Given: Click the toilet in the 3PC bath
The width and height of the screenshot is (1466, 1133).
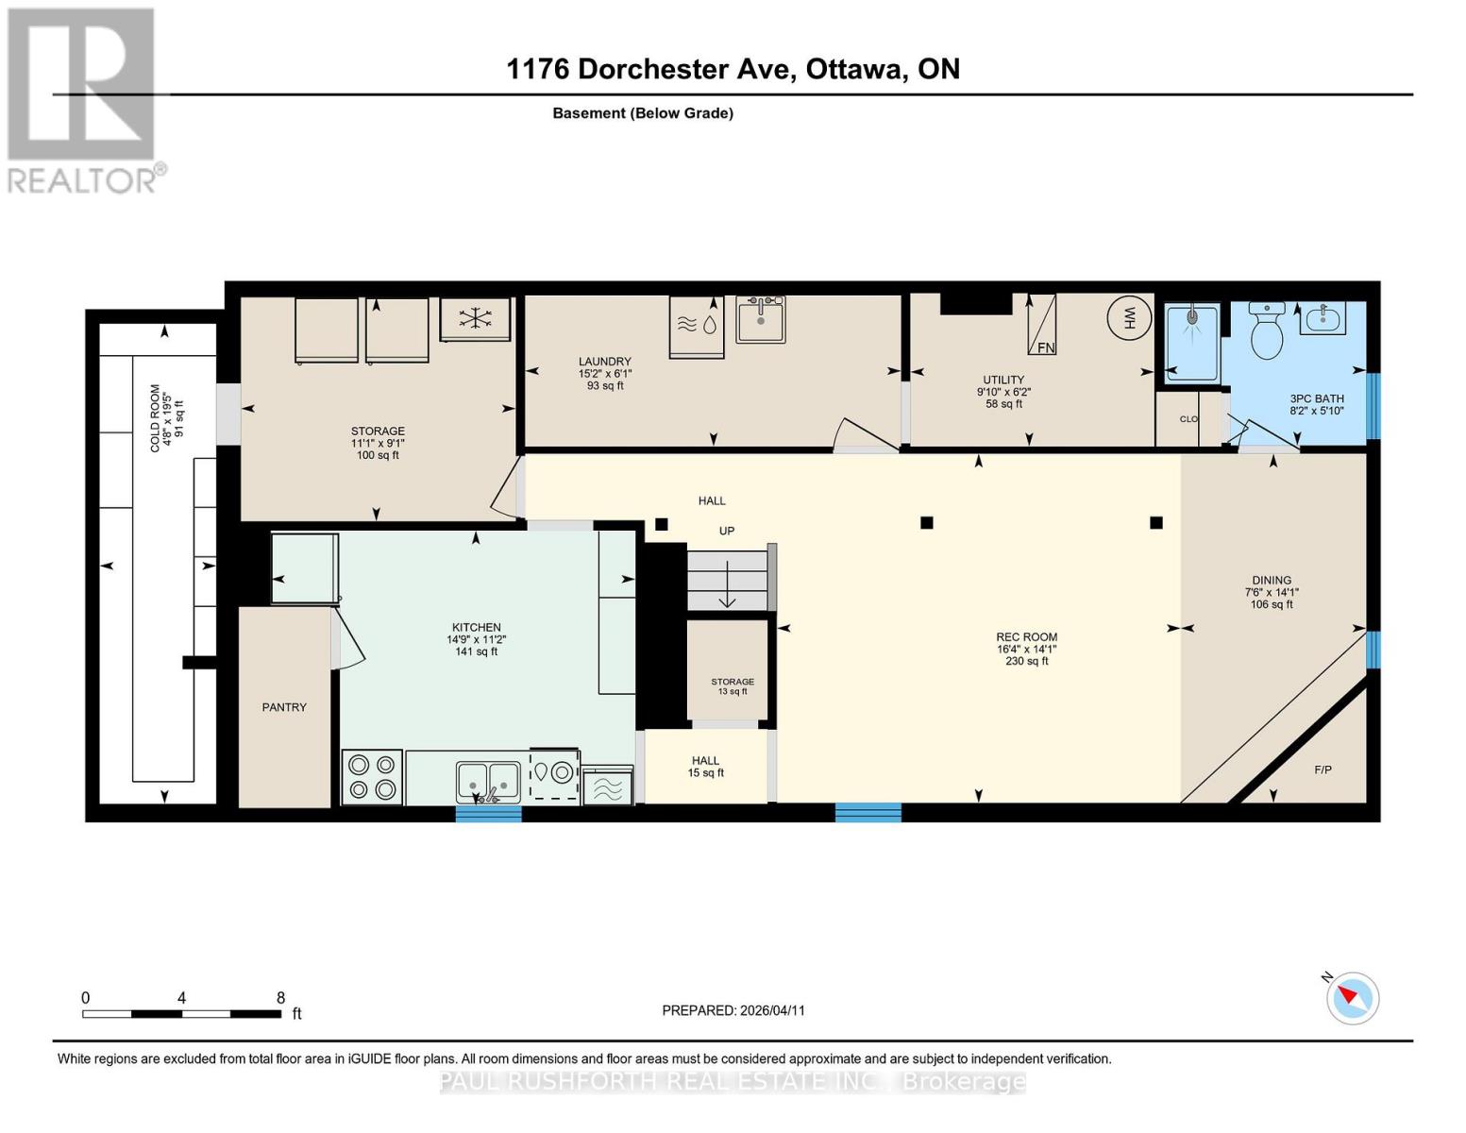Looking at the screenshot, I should [1266, 330].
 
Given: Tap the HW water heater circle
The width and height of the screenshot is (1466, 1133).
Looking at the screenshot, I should [1129, 318].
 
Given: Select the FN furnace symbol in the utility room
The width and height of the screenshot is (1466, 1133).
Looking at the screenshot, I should [1041, 325].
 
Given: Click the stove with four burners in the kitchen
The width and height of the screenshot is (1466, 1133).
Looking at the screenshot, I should [372, 777].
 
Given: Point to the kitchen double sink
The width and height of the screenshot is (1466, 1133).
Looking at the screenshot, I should [488, 782].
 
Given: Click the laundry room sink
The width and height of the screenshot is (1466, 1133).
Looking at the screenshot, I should [761, 319].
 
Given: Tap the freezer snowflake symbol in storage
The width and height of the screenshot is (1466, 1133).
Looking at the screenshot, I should [475, 319].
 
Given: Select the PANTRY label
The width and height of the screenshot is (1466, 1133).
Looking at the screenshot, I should [284, 707].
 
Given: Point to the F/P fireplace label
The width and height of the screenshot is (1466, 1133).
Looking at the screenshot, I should [1323, 770].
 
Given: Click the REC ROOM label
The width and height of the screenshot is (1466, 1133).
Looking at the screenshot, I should [1026, 637].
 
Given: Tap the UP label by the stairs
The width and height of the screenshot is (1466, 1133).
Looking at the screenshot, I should [726, 531].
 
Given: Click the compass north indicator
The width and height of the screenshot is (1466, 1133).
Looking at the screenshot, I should [1352, 997].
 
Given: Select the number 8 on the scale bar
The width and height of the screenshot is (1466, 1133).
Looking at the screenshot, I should [280, 997].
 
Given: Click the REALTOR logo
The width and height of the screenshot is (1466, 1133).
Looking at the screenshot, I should [82, 99].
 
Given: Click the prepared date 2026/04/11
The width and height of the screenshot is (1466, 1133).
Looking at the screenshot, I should [771, 1010].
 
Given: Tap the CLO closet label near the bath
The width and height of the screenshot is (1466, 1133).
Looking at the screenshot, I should [1188, 419].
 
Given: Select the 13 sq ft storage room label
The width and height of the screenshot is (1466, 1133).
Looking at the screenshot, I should [733, 686].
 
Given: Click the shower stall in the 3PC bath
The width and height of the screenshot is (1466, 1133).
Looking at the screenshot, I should [1191, 342].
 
